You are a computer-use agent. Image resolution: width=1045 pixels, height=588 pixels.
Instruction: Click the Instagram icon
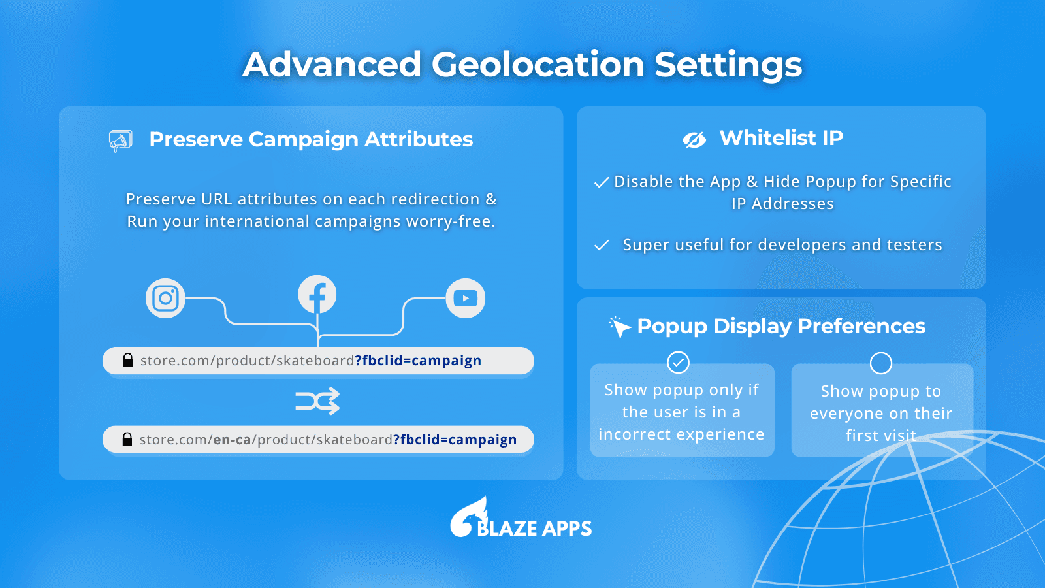165,298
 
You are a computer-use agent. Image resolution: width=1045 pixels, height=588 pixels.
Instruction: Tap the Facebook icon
317,295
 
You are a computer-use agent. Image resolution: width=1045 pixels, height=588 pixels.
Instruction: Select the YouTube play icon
466,298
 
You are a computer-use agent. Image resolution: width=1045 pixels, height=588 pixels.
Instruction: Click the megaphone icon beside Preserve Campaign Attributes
120,141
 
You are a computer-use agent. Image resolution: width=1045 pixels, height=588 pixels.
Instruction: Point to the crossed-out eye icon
694,140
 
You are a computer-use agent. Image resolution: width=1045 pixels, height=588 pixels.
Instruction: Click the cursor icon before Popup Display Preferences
620,327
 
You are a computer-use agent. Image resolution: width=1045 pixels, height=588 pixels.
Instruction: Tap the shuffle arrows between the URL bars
317,401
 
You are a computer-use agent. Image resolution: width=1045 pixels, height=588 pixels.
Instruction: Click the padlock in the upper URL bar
127,360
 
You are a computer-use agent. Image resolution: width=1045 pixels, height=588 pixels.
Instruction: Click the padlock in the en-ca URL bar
127,439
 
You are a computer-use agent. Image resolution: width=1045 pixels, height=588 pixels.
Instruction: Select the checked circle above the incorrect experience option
678,363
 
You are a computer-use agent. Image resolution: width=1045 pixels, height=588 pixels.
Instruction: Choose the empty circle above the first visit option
881,363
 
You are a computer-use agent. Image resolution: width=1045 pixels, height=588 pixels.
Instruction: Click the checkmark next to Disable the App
602,182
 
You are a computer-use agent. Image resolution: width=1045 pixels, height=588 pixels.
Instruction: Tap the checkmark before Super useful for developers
602,245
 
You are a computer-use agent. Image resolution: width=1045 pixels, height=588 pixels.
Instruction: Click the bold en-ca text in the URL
233,440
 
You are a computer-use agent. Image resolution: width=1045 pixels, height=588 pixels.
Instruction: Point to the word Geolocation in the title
538,65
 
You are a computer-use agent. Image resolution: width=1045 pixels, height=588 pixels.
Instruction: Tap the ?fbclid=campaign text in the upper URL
418,360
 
